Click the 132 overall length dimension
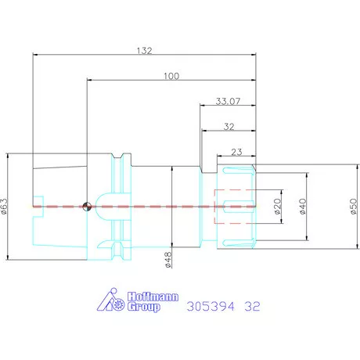pyautogui.click(x=145, y=50)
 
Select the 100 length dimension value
pyautogui.click(x=171, y=76)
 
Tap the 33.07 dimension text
pyautogui.click(x=228, y=101)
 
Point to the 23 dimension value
pyautogui.click(x=236, y=152)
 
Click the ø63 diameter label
pyautogui.click(x=5, y=206)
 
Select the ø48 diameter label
pyautogui.click(x=168, y=260)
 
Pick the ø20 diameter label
pyautogui.click(x=278, y=206)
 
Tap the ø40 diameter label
pyautogui.click(x=303, y=206)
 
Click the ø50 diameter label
pyautogui.click(x=353, y=206)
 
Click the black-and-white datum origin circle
pyautogui.click(x=87, y=207)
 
